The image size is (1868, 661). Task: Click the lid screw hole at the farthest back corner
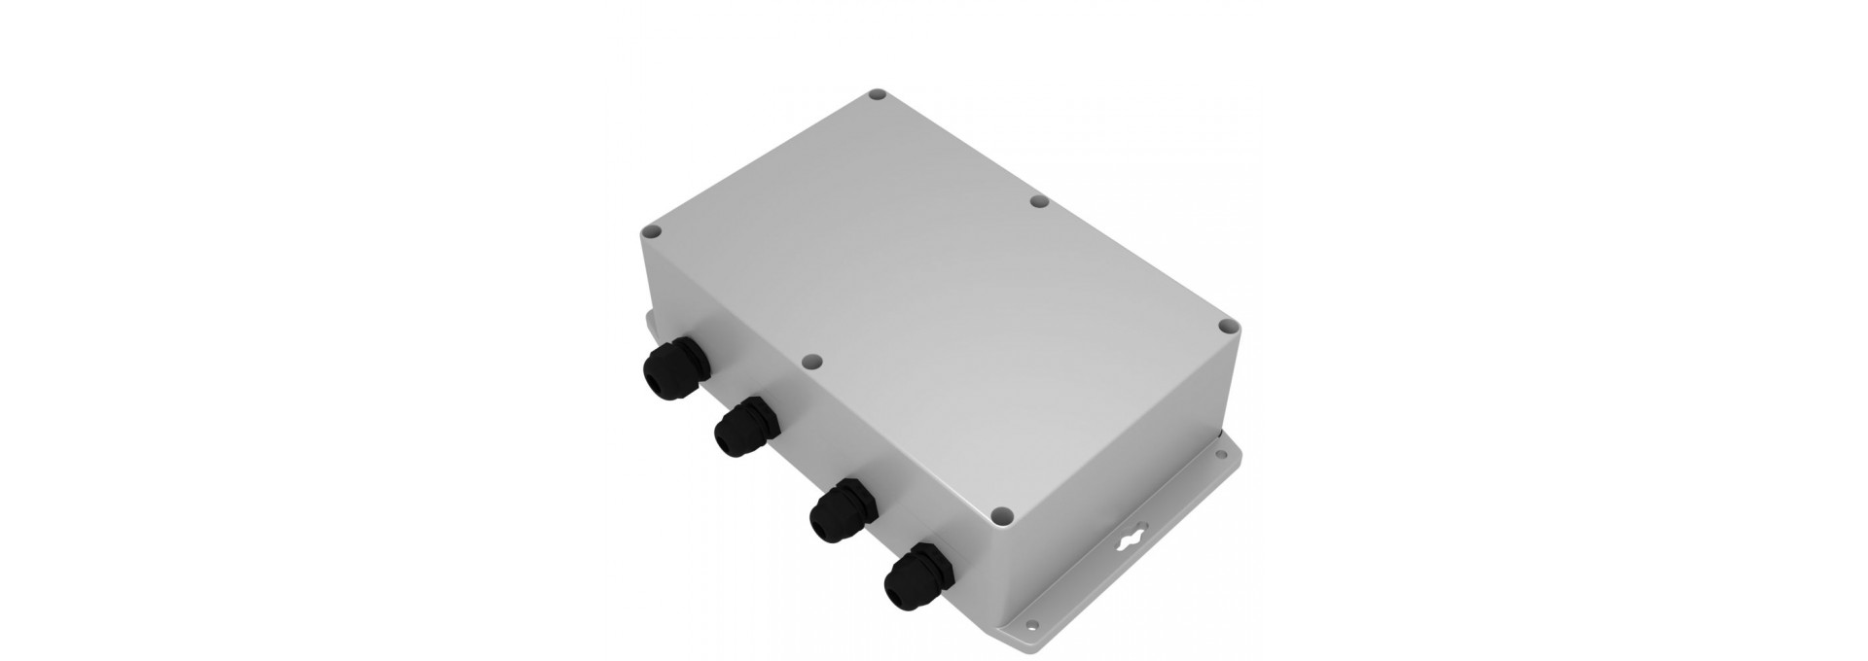[877, 96]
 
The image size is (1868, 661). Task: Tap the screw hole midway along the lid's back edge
[1038, 202]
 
